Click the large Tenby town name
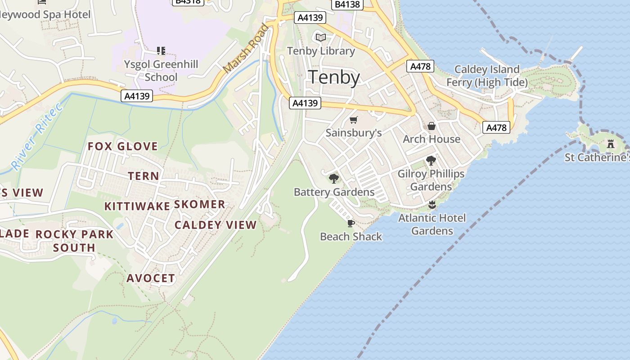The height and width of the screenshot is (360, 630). click(x=334, y=77)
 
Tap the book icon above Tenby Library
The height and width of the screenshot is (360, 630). click(x=321, y=37)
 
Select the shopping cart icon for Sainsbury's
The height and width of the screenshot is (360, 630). click(x=354, y=120)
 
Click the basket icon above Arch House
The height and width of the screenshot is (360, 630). click(x=431, y=126)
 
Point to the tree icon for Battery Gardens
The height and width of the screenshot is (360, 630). click(x=333, y=179)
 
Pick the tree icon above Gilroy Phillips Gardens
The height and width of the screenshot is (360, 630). click(x=431, y=160)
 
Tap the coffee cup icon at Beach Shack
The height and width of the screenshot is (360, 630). click(x=351, y=223)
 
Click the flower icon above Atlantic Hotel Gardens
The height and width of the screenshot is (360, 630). click(x=432, y=205)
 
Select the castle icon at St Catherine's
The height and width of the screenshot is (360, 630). click(x=611, y=144)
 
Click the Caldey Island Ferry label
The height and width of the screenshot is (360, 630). click(x=487, y=76)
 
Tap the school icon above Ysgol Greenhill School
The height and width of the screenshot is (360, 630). click(x=161, y=50)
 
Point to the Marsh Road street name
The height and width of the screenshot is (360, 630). click(x=246, y=49)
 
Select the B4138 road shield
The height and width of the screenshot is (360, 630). click(x=347, y=4)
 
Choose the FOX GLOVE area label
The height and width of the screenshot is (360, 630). click(x=122, y=146)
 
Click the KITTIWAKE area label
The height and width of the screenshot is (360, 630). click(x=137, y=207)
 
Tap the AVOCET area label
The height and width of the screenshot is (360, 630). click(x=150, y=279)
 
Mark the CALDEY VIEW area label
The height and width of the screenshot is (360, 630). click(x=216, y=225)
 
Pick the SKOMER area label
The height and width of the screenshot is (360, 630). click(x=199, y=205)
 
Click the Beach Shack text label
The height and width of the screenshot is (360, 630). click(x=351, y=237)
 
